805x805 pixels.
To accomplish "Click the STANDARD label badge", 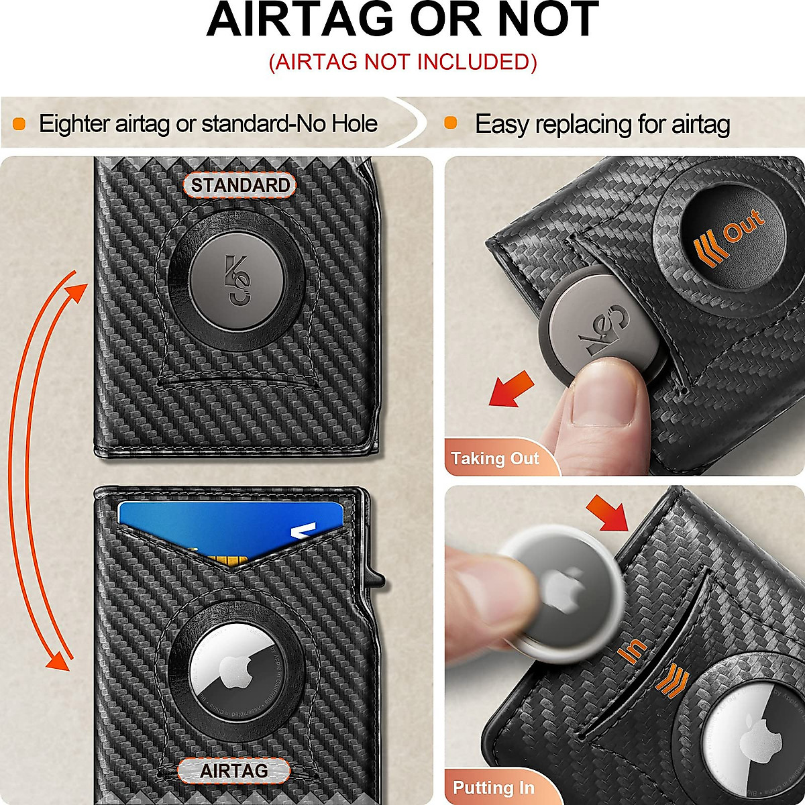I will (239, 185).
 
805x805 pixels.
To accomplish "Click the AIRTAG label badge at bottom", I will (233, 771).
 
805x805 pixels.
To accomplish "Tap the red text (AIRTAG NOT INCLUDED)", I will (402, 62).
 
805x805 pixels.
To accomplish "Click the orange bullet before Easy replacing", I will (451, 123).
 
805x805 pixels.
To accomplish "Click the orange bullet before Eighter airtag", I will (19, 123).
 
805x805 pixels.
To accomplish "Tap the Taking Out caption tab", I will (494, 458).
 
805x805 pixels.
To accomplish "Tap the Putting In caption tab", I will (493, 787).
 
